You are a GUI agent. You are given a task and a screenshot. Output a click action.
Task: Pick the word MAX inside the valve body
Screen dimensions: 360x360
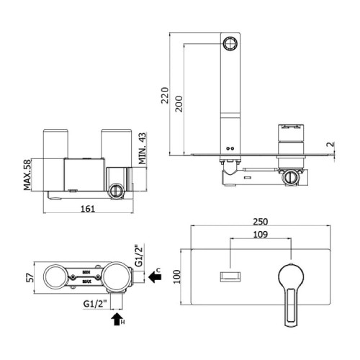[x=87, y=282]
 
